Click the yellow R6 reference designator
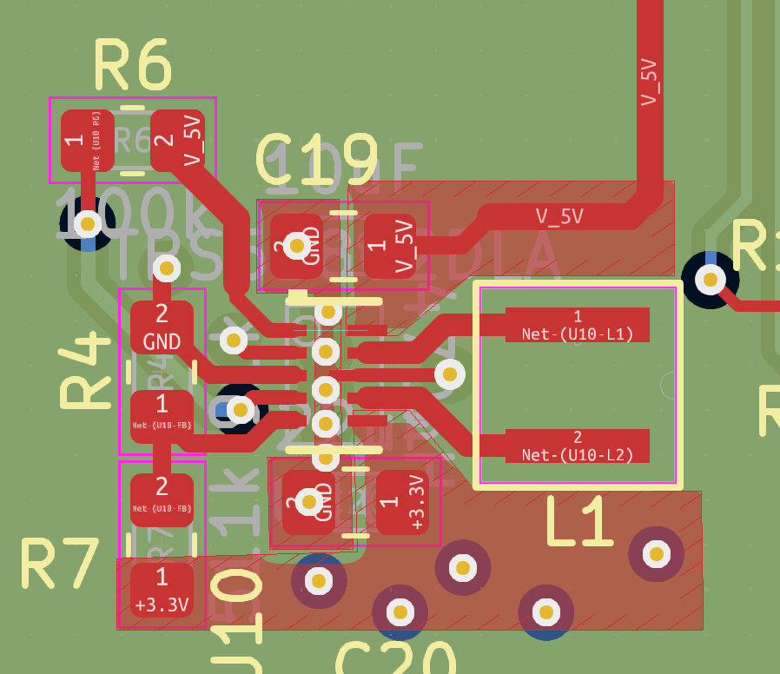[132, 65]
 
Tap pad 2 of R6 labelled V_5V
[177, 140]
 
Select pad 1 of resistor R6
[87, 140]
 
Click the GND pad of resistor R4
[162, 327]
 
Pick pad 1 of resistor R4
[162, 416]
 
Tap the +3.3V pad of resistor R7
[162, 590]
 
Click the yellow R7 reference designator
[59, 565]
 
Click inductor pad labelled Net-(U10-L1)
[577, 323]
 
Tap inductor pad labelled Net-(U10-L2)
[577, 445]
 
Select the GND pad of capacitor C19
[297, 246]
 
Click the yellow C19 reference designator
[316, 162]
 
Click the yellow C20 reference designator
[394, 661]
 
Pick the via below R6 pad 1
[87, 224]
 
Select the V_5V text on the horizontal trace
[559, 216]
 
